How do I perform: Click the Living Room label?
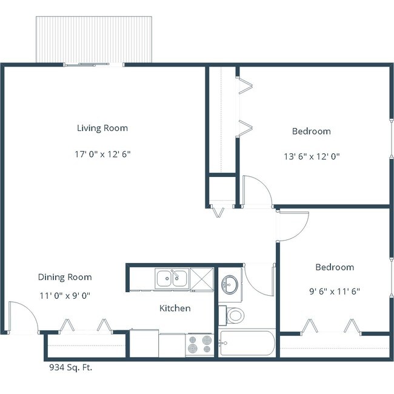click(x=102, y=128)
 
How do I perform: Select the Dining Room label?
click(x=65, y=277)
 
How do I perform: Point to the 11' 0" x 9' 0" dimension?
click(x=64, y=296)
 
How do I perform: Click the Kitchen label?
click(x=175, y=309)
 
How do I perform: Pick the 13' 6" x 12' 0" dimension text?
click(x=311, y=156)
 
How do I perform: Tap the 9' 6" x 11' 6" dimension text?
click(x=334, y=291)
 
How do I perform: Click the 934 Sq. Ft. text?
click(x=70, y=367)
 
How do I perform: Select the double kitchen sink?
click(x=172, y=279)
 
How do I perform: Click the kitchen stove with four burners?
click(x=199, y=344)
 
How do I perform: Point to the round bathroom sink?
click(x=230, y=284)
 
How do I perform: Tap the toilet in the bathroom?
click(x=234, y=315)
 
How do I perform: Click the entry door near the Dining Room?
click(x=23, y=316)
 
